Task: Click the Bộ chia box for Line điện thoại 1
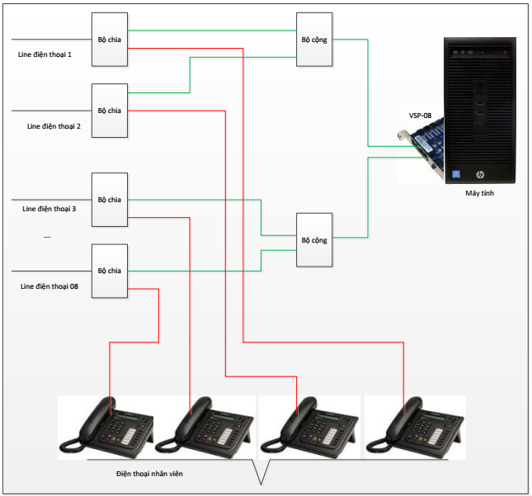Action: point(110,40)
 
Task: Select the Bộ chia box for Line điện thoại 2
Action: point(110,111)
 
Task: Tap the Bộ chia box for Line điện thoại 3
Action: point(110,200)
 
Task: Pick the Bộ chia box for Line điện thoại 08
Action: point(110,271)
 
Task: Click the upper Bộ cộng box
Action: point(314,40)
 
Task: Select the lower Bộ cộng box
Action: point(314,239)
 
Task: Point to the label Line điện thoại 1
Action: point(45,54)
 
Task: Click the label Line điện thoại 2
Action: point(54,126)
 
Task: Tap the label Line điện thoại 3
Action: point(49,209)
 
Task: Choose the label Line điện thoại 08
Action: point(49,286)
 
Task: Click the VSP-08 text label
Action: point(420,116)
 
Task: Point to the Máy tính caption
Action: point(479,193)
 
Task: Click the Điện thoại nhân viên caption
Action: point(149,474)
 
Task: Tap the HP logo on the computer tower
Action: point(480,174)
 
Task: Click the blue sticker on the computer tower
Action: point(456,174)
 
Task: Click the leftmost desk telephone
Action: point(106,427)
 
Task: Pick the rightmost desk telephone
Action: point(415,427)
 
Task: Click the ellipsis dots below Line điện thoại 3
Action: point(47,237)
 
